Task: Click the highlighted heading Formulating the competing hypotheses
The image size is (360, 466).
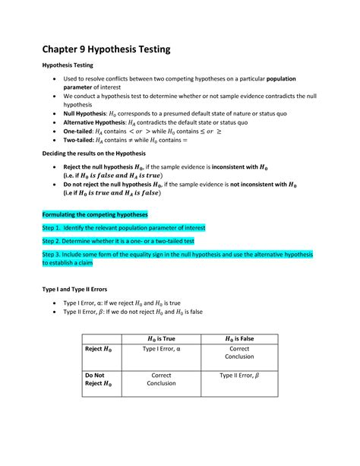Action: coord(95,214)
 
